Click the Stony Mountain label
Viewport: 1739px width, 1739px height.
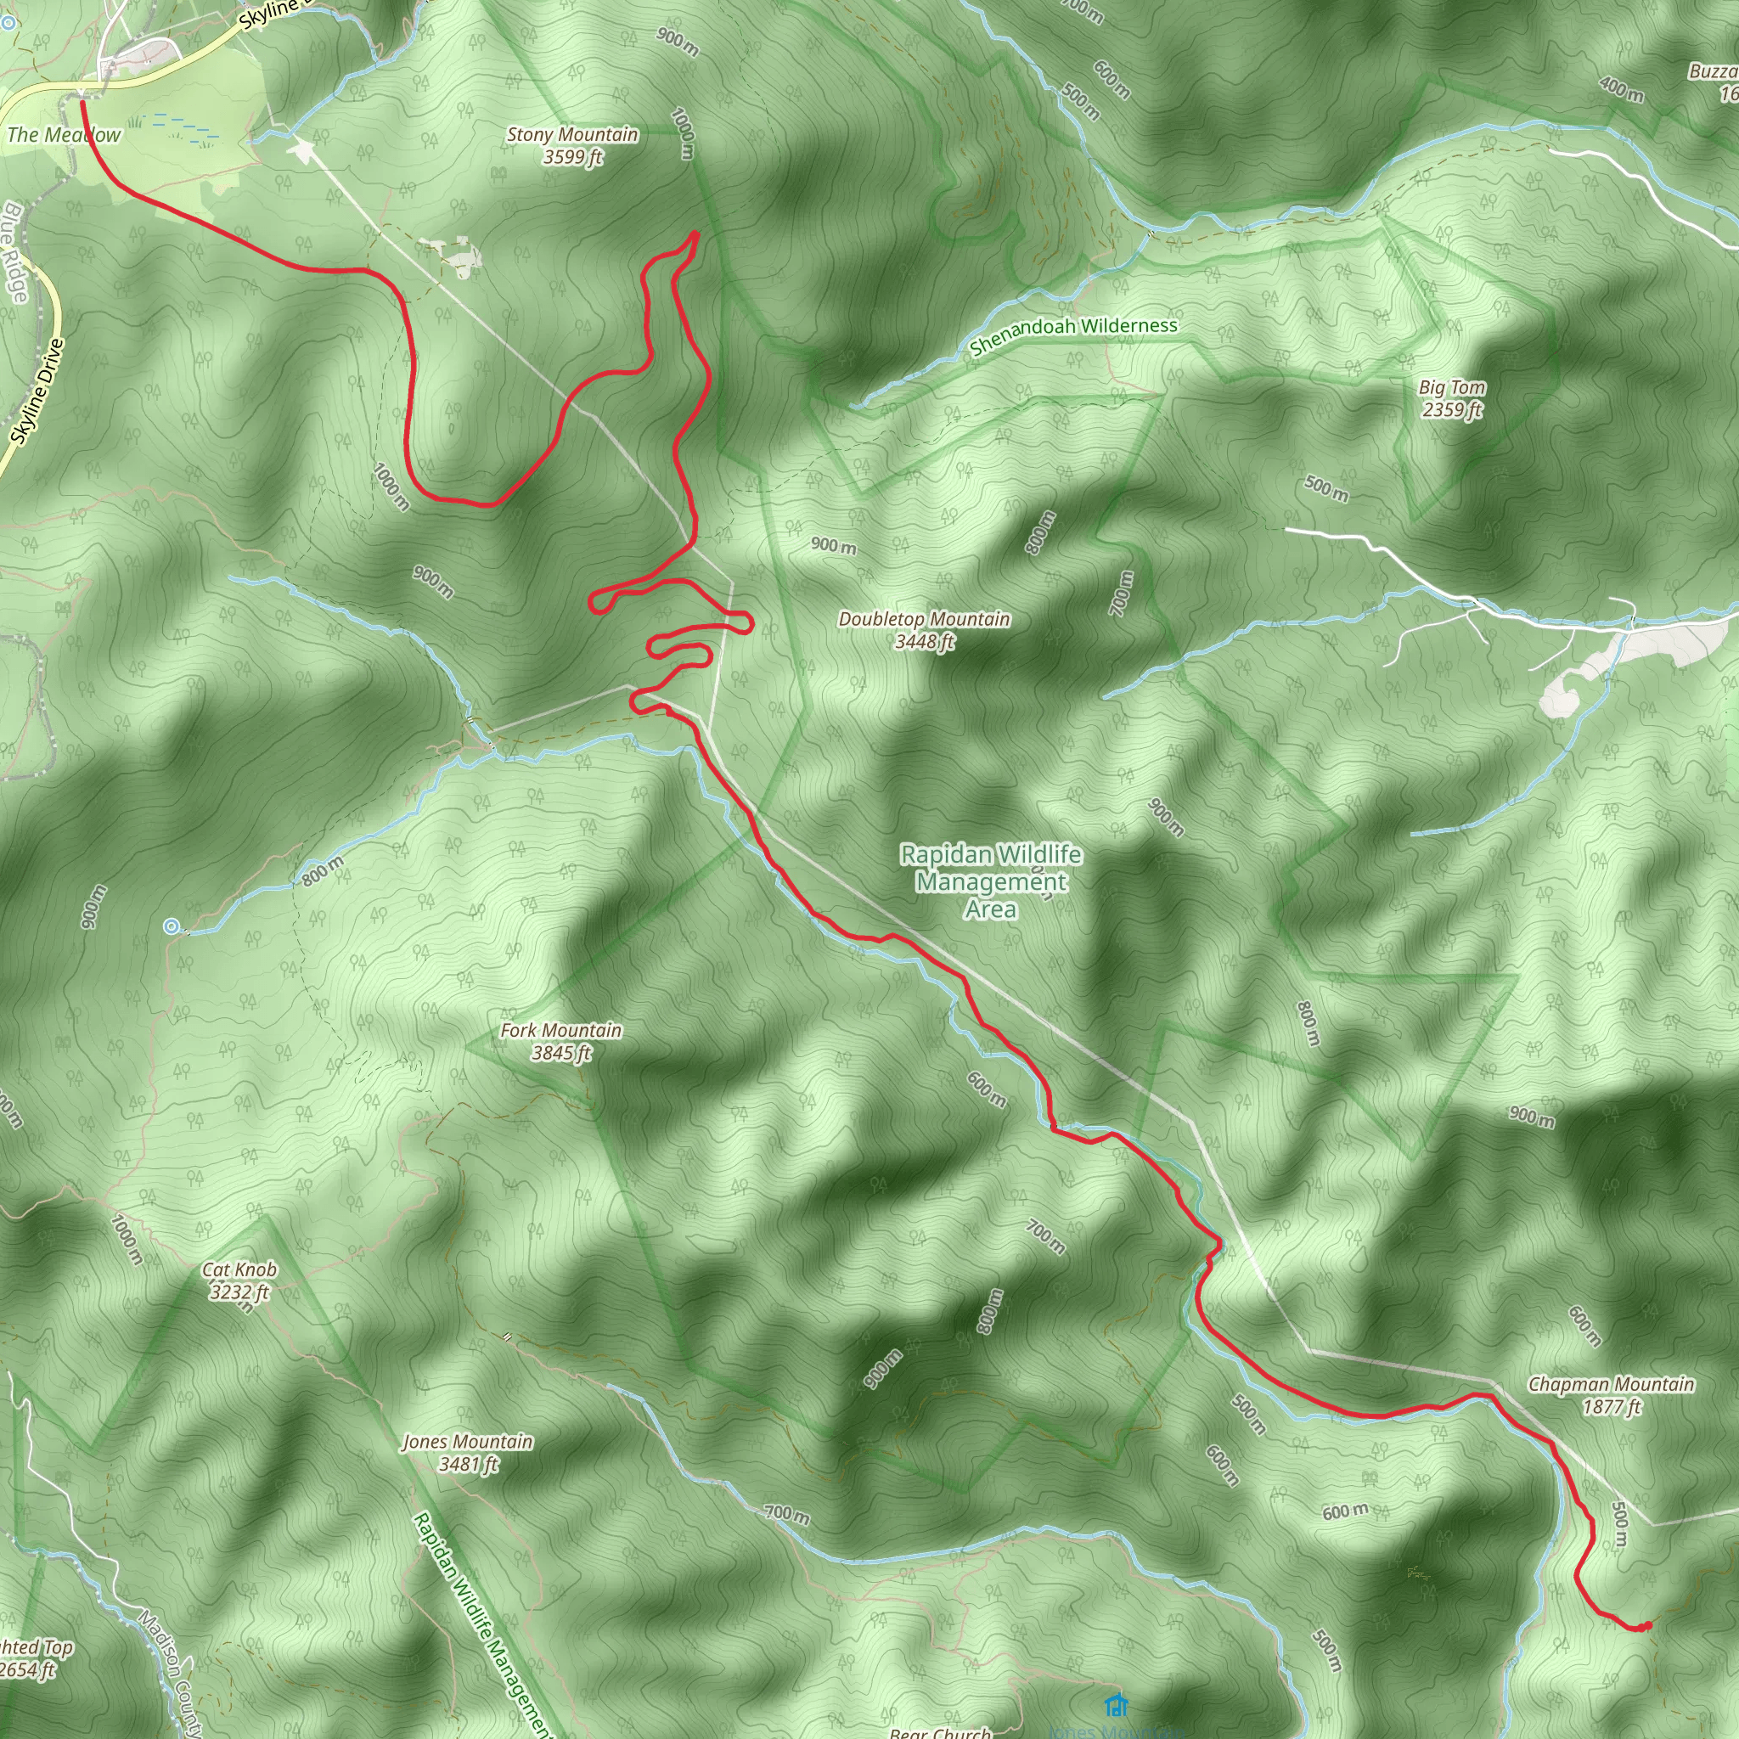tap(572, 135)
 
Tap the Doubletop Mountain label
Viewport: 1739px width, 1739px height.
tap(924, 619)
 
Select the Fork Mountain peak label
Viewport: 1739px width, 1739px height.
tap(560, 1031)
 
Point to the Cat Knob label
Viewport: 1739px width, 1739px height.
tap(239, 1270)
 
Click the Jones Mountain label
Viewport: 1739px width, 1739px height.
tap(467, 1442)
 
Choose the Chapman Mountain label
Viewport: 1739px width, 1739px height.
tap(1611, 1384)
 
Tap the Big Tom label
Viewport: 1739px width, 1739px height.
tap(1452, 388)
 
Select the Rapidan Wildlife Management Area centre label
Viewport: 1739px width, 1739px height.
tap(991, 882)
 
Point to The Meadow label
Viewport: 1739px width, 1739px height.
tap(63, 135)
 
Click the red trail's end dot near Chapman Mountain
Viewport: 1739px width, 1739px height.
tap(1646, 1625)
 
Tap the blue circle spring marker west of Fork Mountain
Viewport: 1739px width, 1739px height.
tap(171, 926)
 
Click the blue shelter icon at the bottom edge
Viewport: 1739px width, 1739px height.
tap(1116, 1704)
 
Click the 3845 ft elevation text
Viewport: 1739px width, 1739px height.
tap(560, 1053)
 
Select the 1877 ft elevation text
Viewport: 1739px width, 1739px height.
tap(1611, 1407)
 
